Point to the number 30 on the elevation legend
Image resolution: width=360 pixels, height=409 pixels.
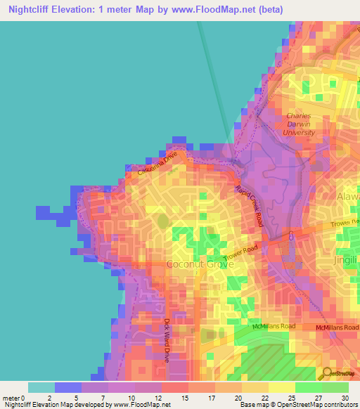[345, 397]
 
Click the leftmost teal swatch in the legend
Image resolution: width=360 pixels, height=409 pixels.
[41, 387]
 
